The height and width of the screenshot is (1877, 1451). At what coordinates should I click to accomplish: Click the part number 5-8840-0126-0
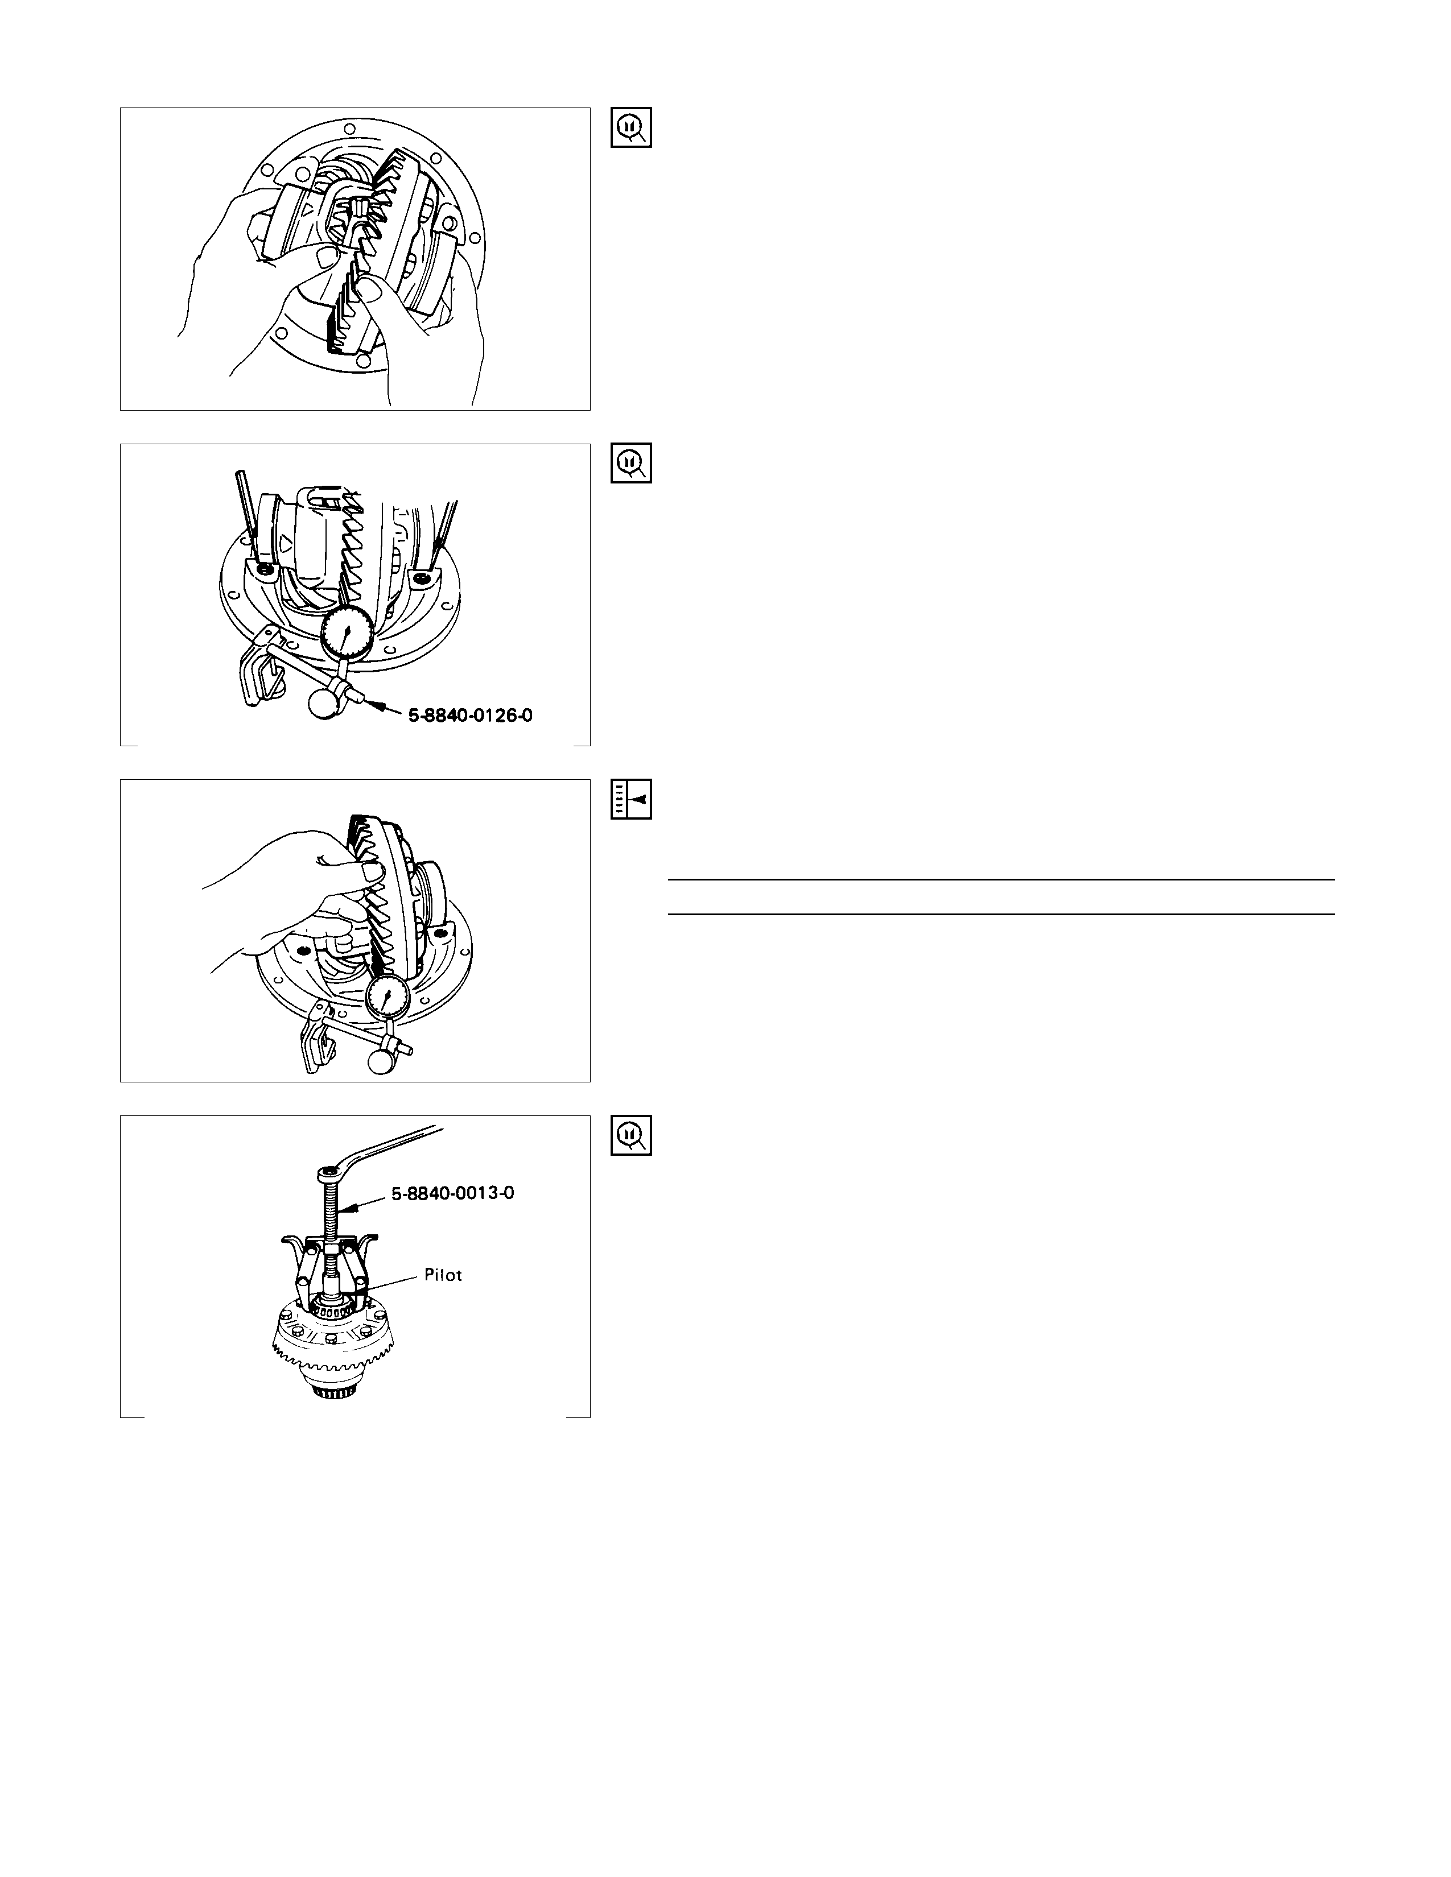tap(470, 714)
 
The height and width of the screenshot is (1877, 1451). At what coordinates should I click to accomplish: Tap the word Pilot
tap(444, 1275)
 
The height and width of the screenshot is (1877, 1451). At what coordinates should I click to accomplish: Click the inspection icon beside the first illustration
tap(631, 127)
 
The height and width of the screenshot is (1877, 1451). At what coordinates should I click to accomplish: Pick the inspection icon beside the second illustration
tap(631, 463)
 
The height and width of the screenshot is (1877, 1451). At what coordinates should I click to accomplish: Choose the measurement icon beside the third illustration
tap(631, 799)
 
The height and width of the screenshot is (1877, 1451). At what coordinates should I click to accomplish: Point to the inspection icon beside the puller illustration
tap(631, 1135)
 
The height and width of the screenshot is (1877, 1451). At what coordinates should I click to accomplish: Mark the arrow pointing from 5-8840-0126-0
tap(384, 710)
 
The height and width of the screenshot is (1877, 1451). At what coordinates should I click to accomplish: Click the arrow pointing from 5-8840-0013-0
tap(365, 1201)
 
